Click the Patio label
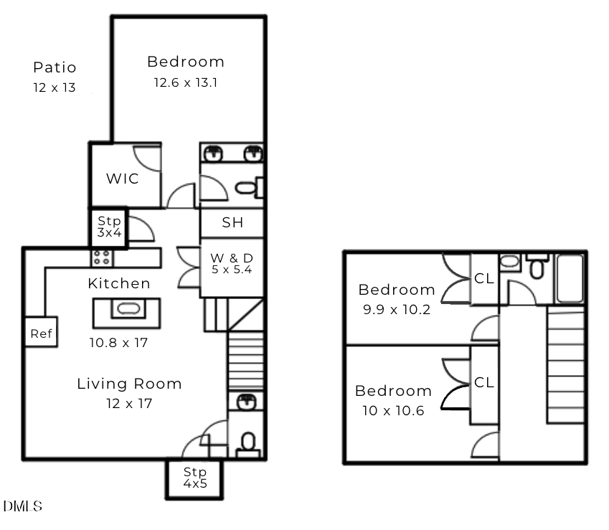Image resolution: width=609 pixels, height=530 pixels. [55, 67]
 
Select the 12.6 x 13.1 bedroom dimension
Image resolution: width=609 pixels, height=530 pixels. [186, 82]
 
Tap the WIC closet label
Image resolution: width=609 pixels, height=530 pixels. [123, 179]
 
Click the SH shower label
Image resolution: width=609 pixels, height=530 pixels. [232, 222]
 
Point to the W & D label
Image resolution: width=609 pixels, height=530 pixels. [232, 257]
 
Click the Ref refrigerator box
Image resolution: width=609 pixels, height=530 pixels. [41, 332]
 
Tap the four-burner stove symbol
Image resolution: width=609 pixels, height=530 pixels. [103, 257]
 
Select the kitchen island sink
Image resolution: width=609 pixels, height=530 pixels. [128, 308]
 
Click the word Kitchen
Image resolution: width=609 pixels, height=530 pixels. [119, 283]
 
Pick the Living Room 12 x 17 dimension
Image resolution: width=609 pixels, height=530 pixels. [129, 404]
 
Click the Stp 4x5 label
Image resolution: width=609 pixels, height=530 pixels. [195, 478]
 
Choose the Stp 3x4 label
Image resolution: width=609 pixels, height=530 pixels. [109, 227]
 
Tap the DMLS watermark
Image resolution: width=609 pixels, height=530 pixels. [22, 506]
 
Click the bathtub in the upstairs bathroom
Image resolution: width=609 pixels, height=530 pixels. [570, 278]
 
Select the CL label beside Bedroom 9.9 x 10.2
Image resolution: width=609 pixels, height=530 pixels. [484, 278]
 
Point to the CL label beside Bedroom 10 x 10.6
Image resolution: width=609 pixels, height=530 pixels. [484, 382]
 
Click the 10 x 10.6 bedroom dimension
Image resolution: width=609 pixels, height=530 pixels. [393, 411]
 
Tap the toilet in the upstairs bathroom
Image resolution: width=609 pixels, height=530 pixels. [537, 265]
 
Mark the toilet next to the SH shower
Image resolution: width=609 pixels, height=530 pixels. [249, 188]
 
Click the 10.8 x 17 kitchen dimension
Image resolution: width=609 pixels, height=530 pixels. [118, 343]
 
